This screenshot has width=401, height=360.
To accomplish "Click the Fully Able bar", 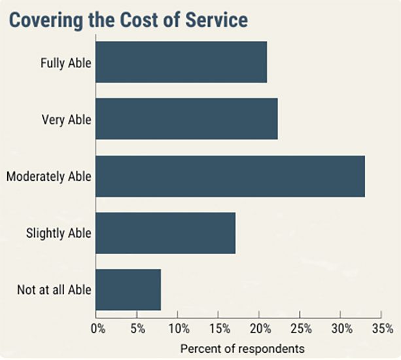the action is click(x=181, y=62).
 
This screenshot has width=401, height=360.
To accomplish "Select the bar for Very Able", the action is click(x=186, y=118).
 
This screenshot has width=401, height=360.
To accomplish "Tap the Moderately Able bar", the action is click(x=230, y=176).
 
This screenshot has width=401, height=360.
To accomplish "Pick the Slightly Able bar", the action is click(x=166, y=233).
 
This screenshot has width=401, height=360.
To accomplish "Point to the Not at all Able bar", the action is click(x=128, y=290).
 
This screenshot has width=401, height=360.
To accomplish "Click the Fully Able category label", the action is click(x=65, y=63).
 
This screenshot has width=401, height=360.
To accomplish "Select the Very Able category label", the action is click(x=67, y=120).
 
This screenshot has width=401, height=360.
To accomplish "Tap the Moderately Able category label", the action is click(x=49, y=177).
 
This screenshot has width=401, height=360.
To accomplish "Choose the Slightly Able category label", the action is click(x=59, y=234).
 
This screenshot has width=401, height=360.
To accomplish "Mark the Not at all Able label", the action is click(x=54, y=290).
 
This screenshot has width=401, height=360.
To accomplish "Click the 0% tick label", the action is click(x=98, y=329).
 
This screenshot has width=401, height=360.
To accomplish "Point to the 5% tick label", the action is click(x=138, y=329).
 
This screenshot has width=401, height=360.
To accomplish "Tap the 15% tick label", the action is click(x=220, y=329).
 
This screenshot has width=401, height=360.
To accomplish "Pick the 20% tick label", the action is click(x=260, y=329).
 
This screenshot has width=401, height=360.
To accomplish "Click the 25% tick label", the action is click(x=301, y=329).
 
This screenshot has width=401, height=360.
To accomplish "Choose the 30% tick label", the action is click(x=342, y=329).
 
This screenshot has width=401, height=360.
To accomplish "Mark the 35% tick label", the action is click(x=383, y=329).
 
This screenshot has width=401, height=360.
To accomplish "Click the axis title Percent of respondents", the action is click(x=243, y=349).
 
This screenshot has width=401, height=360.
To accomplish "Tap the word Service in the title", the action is click(x=217, y=20).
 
